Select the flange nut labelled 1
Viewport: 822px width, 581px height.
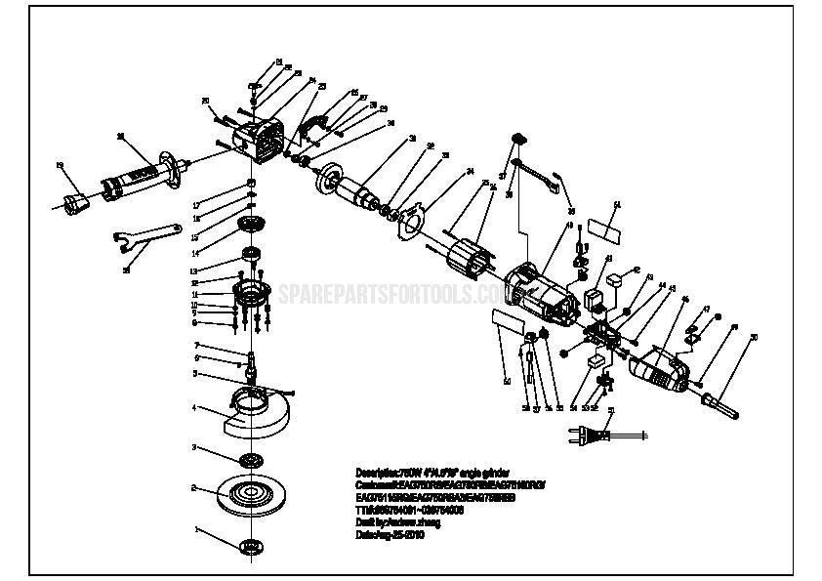(250, 545)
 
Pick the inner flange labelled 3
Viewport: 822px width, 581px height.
(250, 459)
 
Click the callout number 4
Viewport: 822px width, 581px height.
(194, 407)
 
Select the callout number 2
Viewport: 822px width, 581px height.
(194, 487)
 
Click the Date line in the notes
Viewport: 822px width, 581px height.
(390, 536)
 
